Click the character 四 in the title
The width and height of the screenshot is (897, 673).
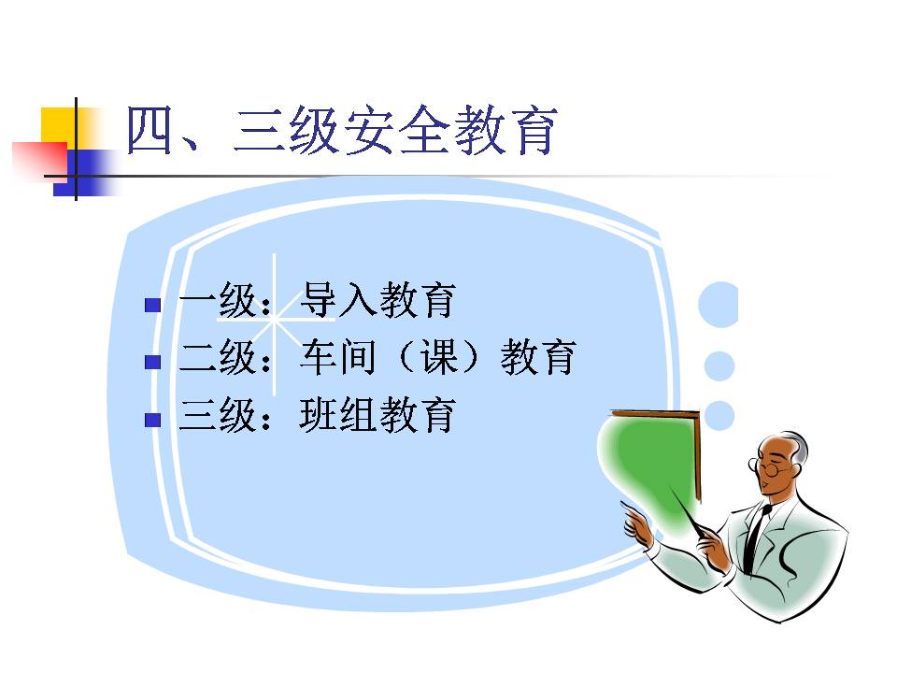(x=149, y=131)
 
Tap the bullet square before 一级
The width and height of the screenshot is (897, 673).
(x=152, y=305)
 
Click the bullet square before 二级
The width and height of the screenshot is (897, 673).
(x=152, y=362)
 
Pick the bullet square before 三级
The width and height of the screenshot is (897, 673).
(x=152, y=420)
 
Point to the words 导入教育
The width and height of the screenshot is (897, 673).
(x=377, y=300)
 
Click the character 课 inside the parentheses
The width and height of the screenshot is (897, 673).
(x=439, y=357)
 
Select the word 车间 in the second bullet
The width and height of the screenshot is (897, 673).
(x=338, y=357)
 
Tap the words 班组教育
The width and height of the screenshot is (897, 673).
(x=377, y=415)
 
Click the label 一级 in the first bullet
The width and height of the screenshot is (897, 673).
(x=217, y=300)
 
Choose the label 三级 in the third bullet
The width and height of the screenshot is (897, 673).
(x=217, y=415)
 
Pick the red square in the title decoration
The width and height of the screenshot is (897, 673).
(x=39, y=159)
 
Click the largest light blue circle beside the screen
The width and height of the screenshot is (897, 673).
(x=719, y=305)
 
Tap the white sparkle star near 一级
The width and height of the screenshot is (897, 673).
(x=275, y=321)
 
